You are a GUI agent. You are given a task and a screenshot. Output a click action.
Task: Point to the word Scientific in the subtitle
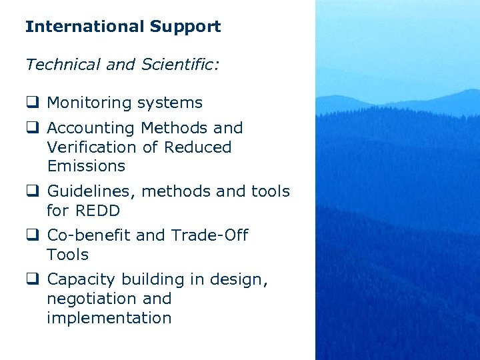point(177,65)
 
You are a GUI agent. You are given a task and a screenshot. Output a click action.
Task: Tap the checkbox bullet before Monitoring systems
point(31,103)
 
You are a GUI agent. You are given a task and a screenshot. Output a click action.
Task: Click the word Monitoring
point(89,103)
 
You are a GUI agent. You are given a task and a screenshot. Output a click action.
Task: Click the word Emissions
point(86,166)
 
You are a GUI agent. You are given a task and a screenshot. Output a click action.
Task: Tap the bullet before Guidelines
point(31,192)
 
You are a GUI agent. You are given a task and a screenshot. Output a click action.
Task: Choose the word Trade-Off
point(209,235)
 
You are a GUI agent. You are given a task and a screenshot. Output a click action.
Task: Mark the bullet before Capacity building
point(31,280)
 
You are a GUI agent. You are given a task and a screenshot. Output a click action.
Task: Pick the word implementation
point(109,318)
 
